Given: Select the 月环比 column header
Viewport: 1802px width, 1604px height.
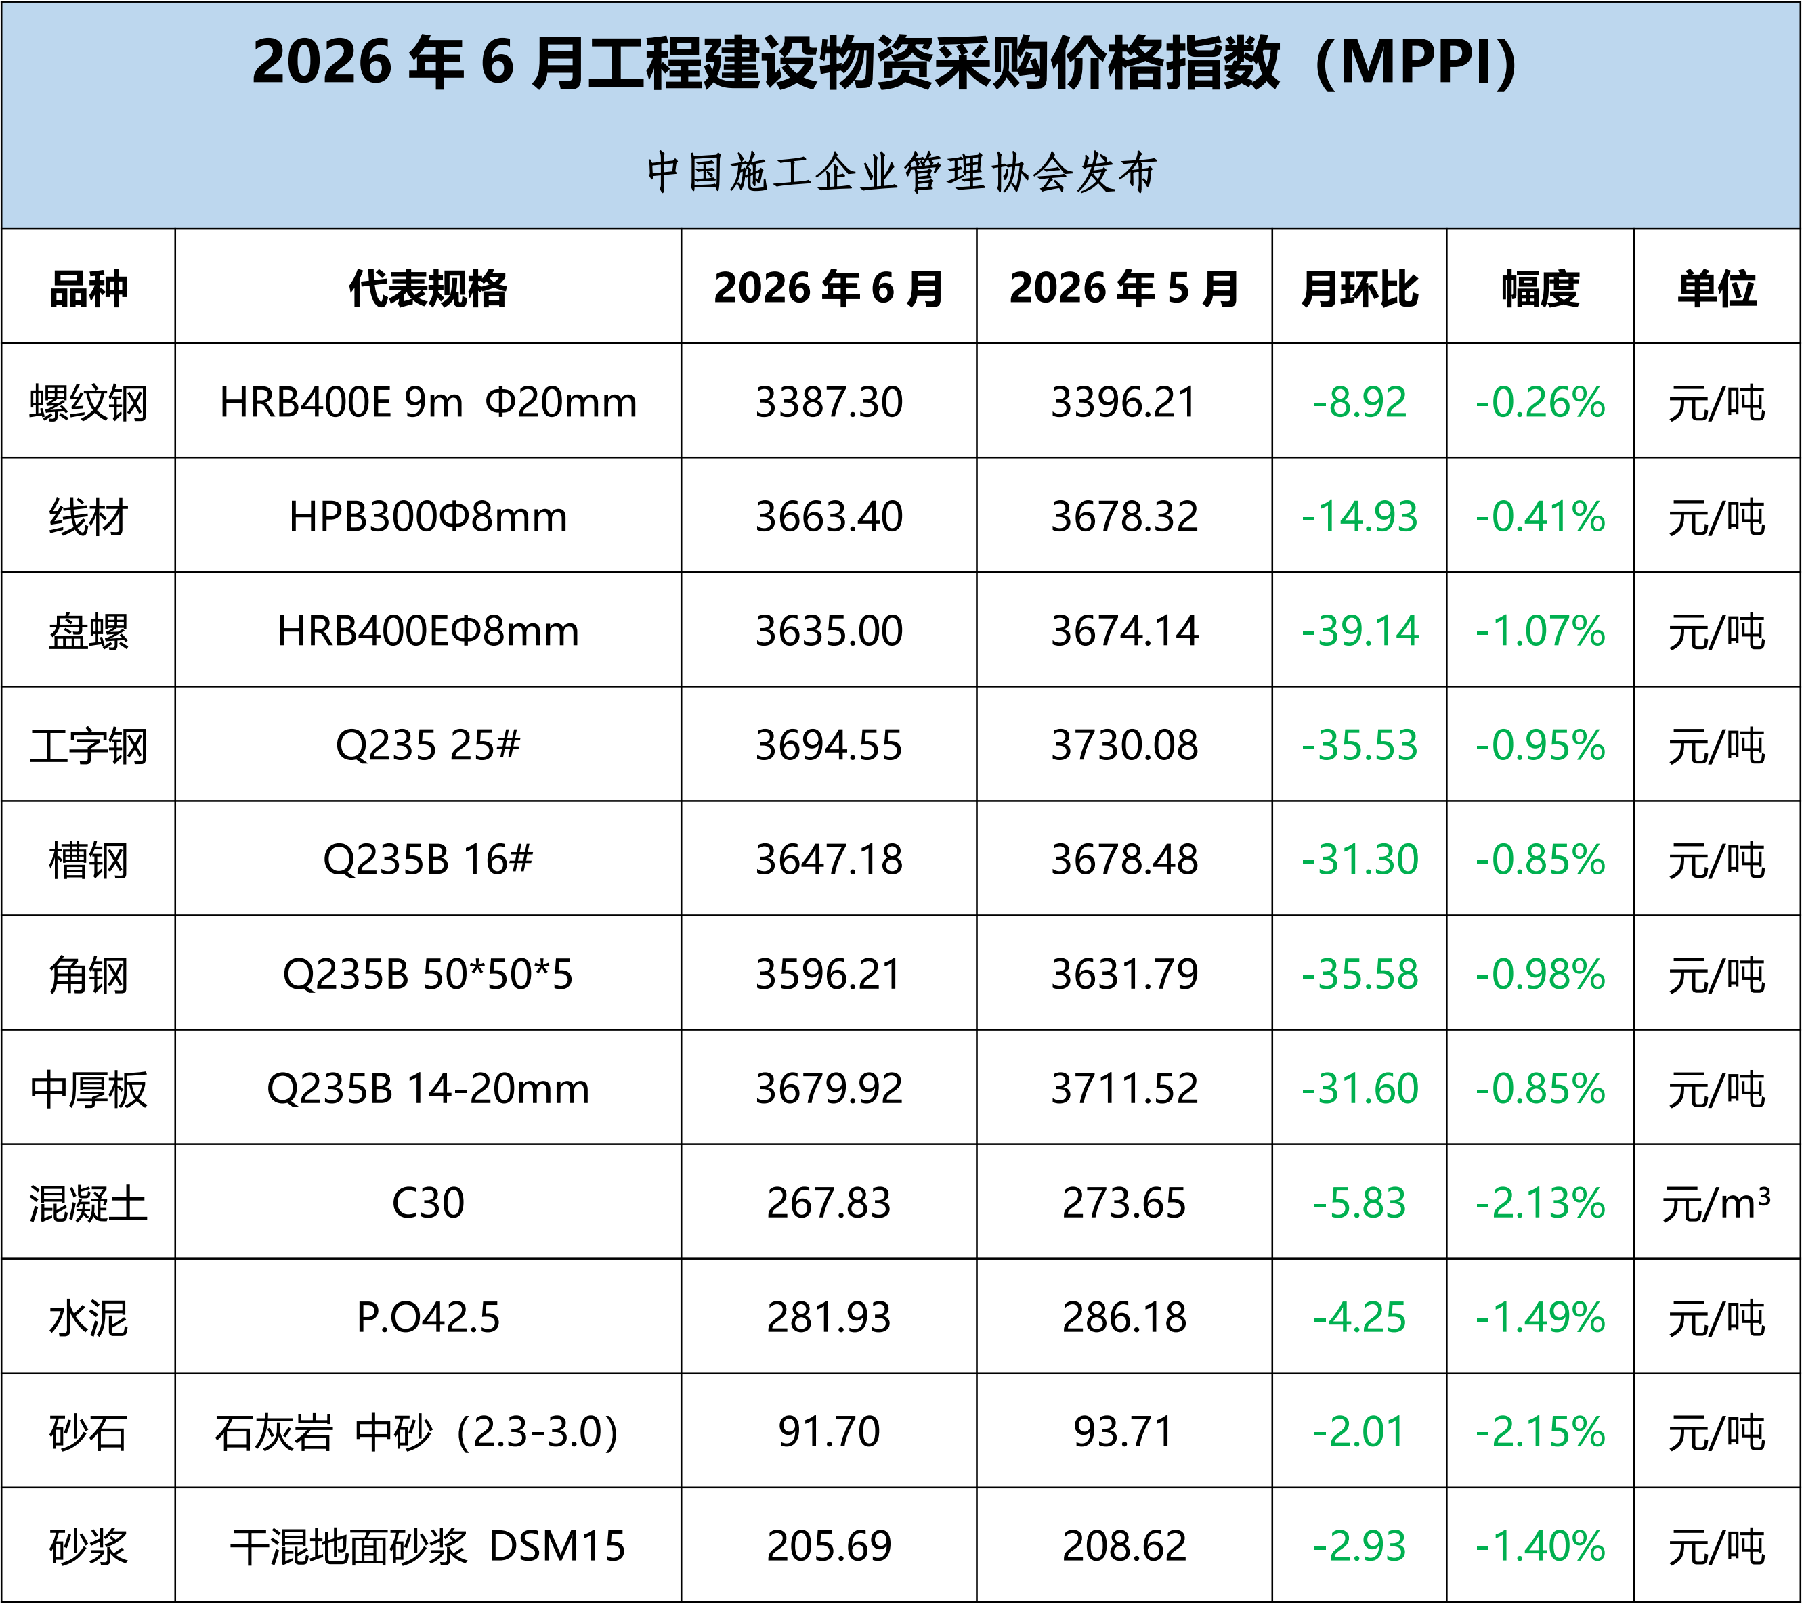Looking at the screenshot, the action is pyautogui.click(x=1358, y=288).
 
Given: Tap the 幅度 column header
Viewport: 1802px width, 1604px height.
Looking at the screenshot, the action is pyautogui.click(x=1540, y=288).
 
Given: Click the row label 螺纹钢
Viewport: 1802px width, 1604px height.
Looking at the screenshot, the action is pyautogui.click(x=88, y=403).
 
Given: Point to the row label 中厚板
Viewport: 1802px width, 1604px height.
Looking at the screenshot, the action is pyautogui.click(x=88, y=1090).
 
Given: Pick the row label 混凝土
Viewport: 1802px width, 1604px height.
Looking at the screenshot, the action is pyautogui.click(x=88, y=1204).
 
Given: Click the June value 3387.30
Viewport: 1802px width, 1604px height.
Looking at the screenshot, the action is pyautogui.click(x=829, y=403).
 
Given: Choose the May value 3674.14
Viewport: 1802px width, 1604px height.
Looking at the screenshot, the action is pyautogui.click(x=1124, y=631).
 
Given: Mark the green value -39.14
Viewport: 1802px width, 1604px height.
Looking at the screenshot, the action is pyautogui.click(x=1359, y=631).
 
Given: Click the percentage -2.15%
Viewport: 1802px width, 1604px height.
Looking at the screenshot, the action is pyautogui.click(x=1540, y=1432).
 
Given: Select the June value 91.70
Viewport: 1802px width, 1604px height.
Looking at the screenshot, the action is pyautogui.click(x=829, y=1432).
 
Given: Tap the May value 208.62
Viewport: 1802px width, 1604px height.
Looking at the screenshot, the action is pyautogui.click(x=1124, y=1546).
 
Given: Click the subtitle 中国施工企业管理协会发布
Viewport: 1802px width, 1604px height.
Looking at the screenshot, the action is pyautogui.click(x=901, y=172).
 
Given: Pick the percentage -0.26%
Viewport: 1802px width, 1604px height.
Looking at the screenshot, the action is pyautogui.click(x=1540, y=403).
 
